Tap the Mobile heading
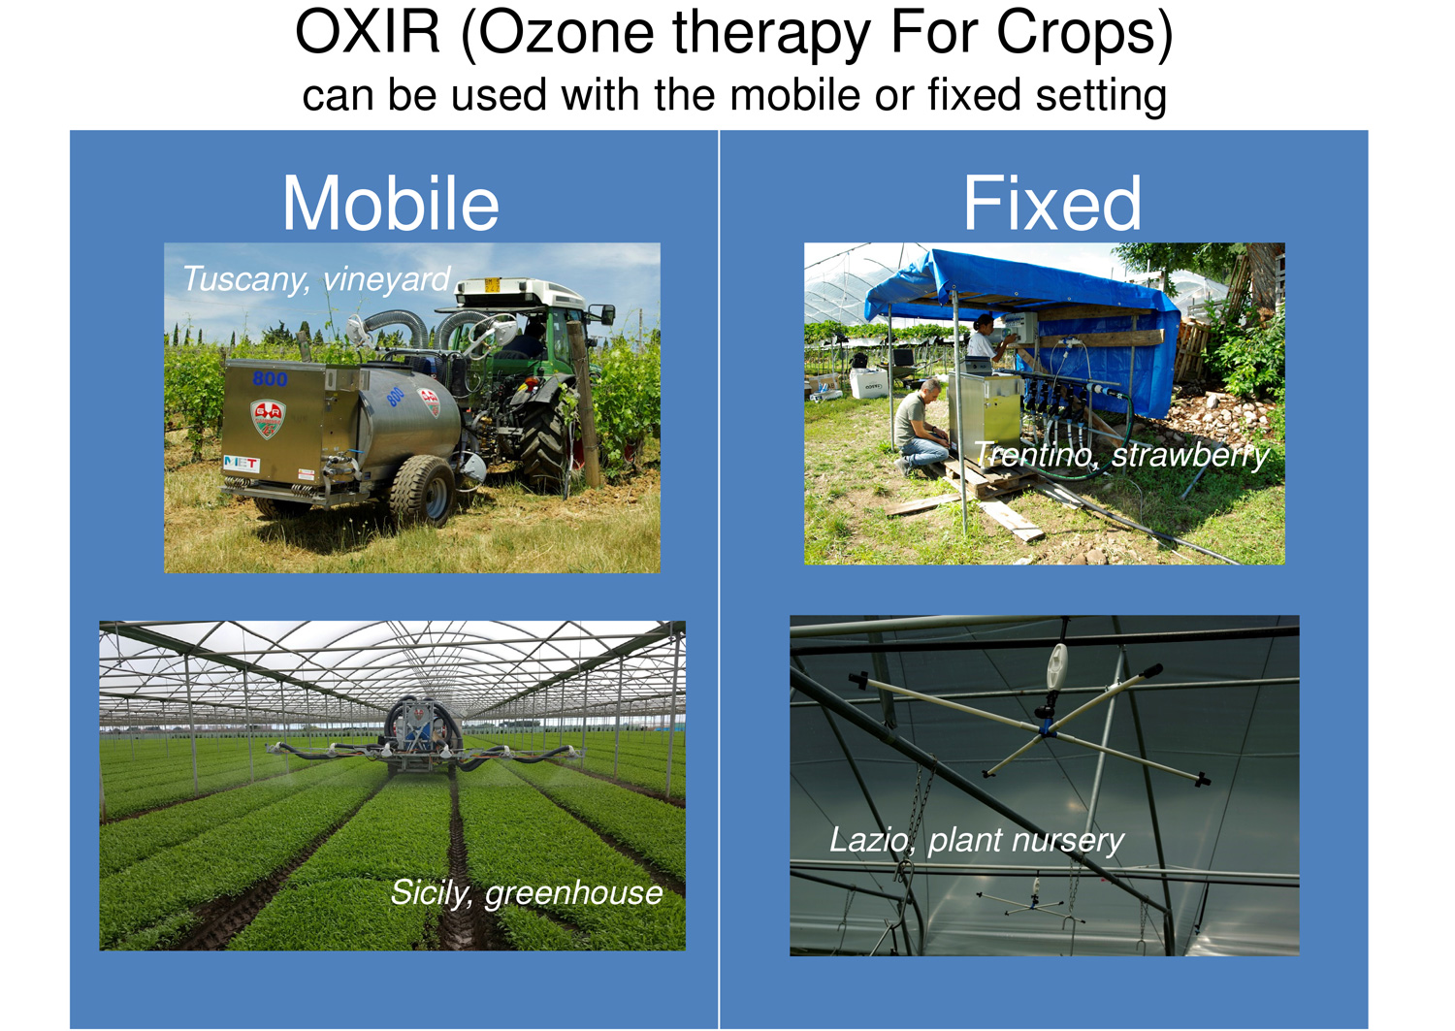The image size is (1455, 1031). click(391, 204)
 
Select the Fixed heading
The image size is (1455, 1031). click(1051, 204)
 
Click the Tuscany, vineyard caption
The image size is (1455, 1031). click(315, 279)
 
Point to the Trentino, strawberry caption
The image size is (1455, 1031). click(1122, 454)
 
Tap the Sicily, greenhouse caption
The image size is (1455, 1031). click(527, 892)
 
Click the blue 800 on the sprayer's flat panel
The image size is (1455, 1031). click(270, 379)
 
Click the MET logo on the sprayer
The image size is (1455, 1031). click(242, 464)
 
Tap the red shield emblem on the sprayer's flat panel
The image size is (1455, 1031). click(268, 419)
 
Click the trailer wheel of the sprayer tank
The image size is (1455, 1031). click(422, 489)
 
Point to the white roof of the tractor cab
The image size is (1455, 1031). click(520, 291)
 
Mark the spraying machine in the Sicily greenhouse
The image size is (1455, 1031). click(422, 737)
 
